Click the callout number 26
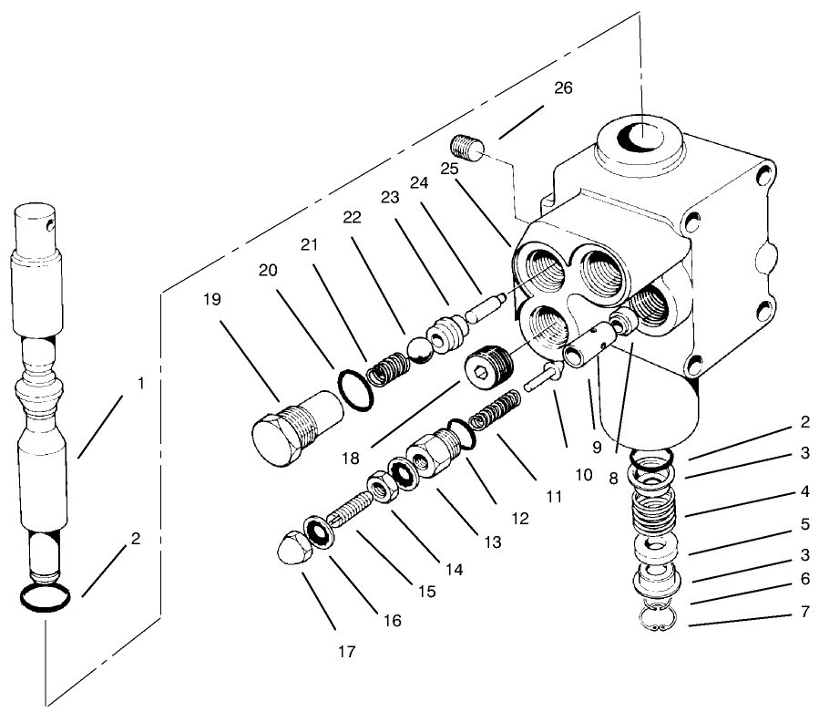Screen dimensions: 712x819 pos(564,88)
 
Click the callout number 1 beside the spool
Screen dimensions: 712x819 pos(140,383)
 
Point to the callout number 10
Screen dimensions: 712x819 pos(583,475)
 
